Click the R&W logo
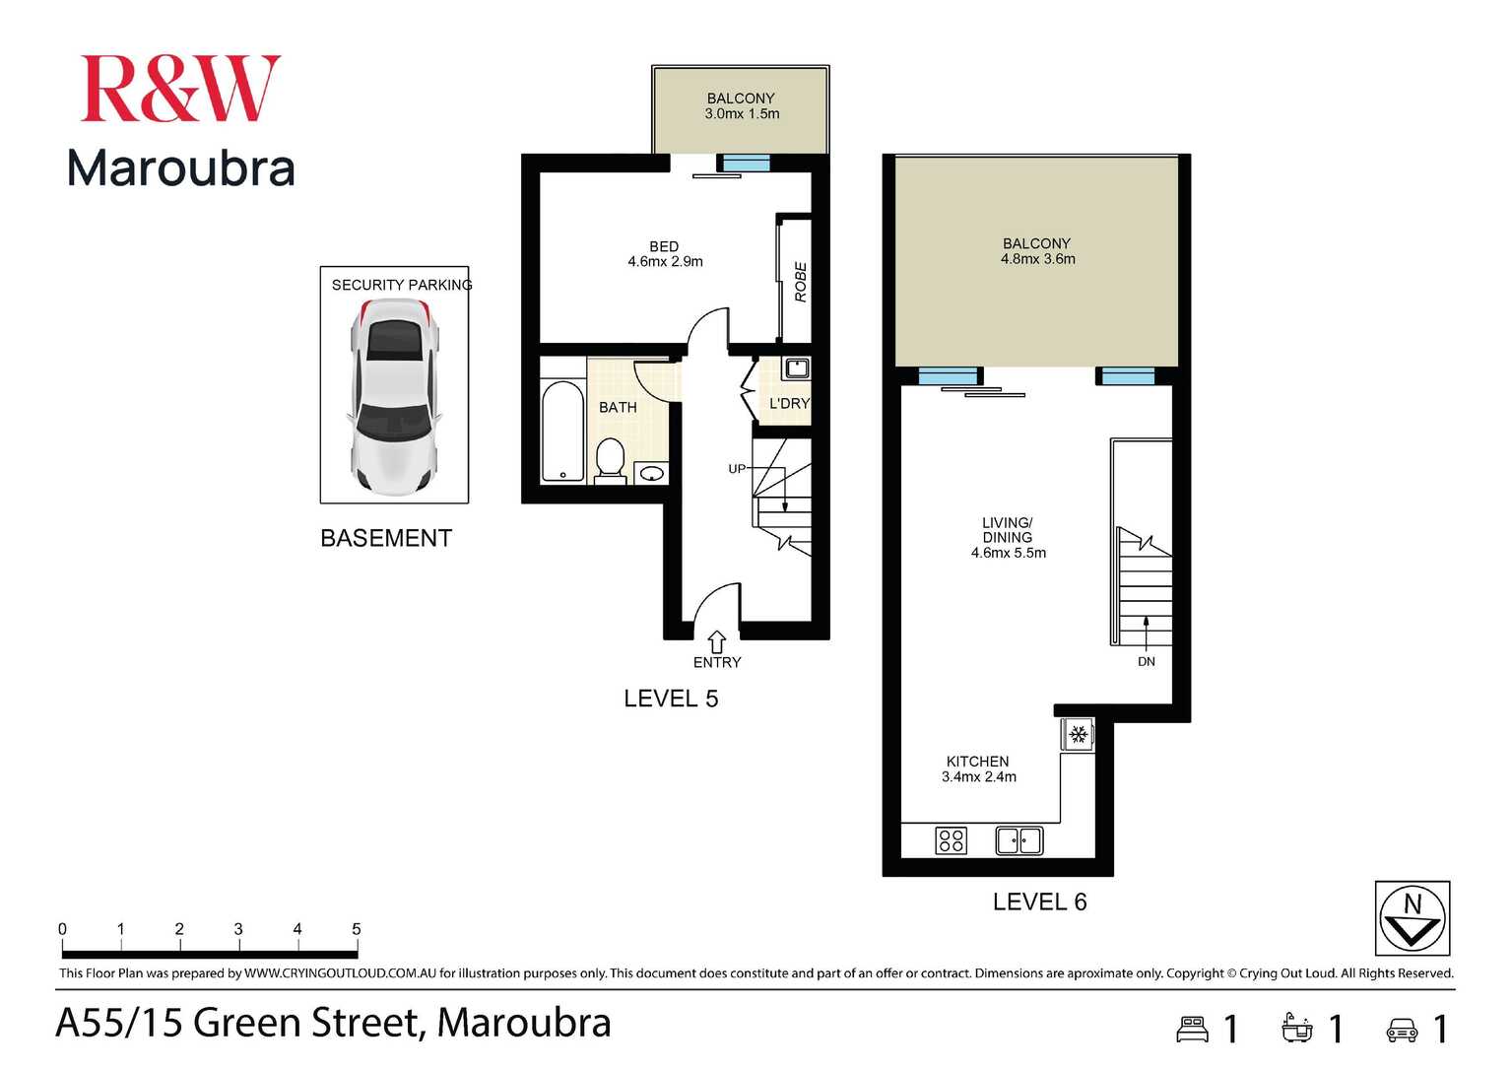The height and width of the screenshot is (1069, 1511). tap(180, 89)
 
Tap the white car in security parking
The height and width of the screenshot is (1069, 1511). tap(393, 395)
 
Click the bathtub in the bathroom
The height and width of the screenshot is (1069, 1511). tap(562, 431)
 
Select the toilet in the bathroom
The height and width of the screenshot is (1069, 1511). tap(611, 461)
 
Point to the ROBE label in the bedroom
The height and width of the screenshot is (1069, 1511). tap(800, 282)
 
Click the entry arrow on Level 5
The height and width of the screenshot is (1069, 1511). tap(717, 641)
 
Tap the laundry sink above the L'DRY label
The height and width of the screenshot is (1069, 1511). tap(796, 369)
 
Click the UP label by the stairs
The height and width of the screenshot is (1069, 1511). tap(737, 469)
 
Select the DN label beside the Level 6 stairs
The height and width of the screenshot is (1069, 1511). tap(1147, 661)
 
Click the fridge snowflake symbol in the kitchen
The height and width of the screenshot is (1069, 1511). tap(1078, 735)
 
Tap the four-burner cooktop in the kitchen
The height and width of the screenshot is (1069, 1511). tap(951, 840)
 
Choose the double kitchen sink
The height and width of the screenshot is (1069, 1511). tap(1018, 840)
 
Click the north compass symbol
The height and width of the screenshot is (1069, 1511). tap(1412, 918)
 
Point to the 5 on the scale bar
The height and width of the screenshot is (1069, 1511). tap(356, 929)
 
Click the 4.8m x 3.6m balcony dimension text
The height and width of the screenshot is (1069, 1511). tap(1037, 259)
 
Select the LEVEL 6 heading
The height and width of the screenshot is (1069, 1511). tap(1039, 902)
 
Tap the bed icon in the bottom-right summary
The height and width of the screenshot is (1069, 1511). tap(1193, 1029)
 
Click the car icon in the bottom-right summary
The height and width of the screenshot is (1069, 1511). tap(1402, 1030)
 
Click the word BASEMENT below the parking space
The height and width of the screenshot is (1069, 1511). tap(386, 538)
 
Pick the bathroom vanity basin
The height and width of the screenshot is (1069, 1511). tap(651, 474)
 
